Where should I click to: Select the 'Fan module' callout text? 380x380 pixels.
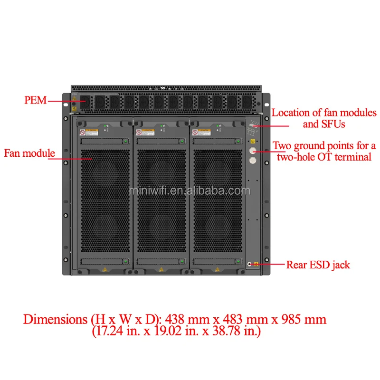click(x=29, y=153)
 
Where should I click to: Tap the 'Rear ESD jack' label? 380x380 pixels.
click(x=318, y=265)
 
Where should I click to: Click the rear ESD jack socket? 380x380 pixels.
click(x=250, y=264)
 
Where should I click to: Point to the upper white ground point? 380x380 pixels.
click(x=253, y=151)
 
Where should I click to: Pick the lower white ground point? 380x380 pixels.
click(x=253, y=161)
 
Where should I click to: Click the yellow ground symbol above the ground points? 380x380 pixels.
click(x=253, y=141)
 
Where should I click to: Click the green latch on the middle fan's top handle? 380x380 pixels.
click(x=181, y=141)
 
